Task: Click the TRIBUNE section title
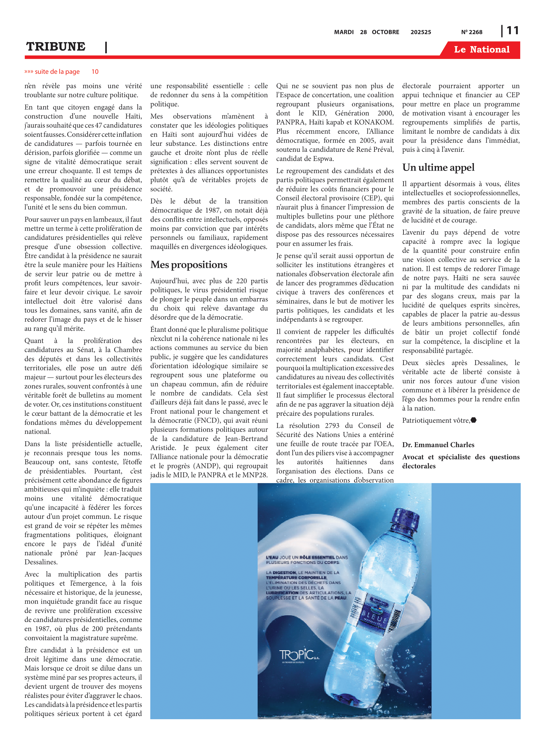pyautogui.click(x=56, y=47)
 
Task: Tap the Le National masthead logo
pyautogui.click(x=481, y=50)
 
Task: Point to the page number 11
pyautogui.click(x=512, y=31)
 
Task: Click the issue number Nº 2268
pyautogui.click(x=471, y=32)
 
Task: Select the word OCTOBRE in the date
pyautogui.click(x=385, y=32)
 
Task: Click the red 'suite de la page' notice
pyautogui.click(x=57, y=72)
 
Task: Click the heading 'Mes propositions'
pyautogui.click(x=189, y=265)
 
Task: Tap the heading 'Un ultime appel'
pyautogui.click(x=438, y=167)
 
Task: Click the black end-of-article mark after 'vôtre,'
pyautogui.click(x=473, y=420)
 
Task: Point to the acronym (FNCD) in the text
pyautogui.click(x=209, y=420)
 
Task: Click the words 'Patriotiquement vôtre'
pyautogui.click(x=436, y=420)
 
